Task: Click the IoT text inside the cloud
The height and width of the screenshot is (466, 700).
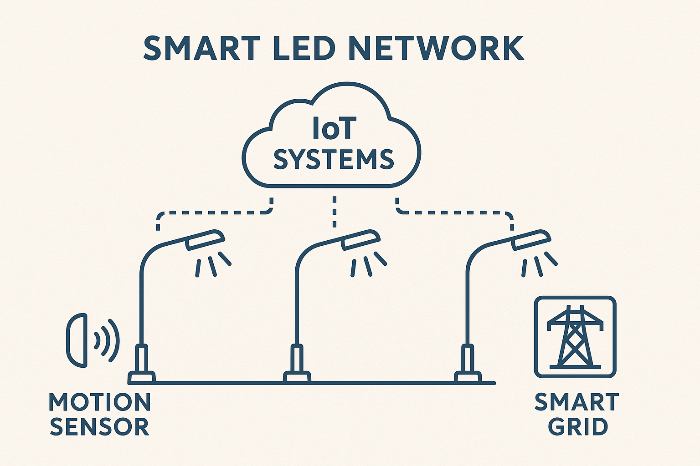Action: pyautogui.click(x=333, y=129)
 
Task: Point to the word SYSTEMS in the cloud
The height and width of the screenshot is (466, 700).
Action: pyautogui.click(x=333, y=159)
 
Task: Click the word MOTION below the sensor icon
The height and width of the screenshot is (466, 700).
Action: pyautogui.click(x=99, y=402)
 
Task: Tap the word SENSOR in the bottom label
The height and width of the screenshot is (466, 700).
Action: pyautogui.click(x=99, y=427)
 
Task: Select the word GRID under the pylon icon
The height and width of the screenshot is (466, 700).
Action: pyautogui.click(x=578, y=427)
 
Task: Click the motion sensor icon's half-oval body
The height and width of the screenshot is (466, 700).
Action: pyautogui.click(x=77, y=339)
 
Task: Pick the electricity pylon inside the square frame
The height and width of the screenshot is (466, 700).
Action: pyautogui.click(x=575, y=337)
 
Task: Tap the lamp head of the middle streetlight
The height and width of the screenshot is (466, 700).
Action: pyautogui.click(x=360, y=240)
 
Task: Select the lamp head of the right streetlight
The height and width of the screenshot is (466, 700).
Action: pyautogui.click(x=531, y=240)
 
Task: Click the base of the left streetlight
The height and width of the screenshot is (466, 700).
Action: pyautogui.click(x=142, y=376)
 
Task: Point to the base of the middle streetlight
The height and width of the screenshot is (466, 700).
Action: pyautogui.click(x=297, y=376)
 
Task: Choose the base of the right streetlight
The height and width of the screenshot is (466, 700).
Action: pyautogui.click(x=468, y=376)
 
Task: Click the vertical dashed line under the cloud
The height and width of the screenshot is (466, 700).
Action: pyautogui.click(x=335, y=212)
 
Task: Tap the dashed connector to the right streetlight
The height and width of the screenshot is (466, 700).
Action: pyautogui.click(x=456, y=213)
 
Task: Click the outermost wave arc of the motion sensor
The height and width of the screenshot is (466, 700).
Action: pyautogui.click(x=115, y=340)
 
